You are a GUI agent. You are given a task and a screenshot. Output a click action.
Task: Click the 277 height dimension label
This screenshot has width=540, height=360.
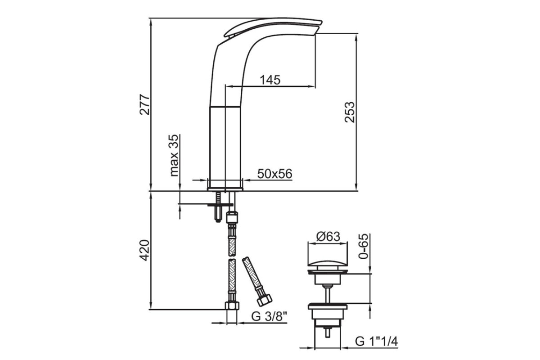[145, 105]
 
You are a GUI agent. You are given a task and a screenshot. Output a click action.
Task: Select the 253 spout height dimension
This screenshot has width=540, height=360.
[350, 112]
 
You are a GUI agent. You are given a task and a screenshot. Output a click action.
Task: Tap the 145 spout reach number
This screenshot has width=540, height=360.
[270, 80]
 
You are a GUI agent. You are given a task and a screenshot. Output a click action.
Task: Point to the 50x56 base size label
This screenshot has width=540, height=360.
[274, 174]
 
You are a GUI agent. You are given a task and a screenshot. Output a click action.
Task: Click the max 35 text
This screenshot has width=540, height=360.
[174, 156]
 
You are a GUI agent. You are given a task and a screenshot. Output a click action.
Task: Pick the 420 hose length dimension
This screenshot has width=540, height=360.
[145, 250]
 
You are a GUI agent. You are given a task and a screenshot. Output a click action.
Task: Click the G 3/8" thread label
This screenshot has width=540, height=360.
[269, 317]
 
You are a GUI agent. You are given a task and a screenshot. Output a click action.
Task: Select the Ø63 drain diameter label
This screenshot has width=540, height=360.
[328, 237]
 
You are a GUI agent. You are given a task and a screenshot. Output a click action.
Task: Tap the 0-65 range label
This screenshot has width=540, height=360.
[364, 246]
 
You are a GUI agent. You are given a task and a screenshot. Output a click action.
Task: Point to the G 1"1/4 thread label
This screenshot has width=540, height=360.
[376, 342]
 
